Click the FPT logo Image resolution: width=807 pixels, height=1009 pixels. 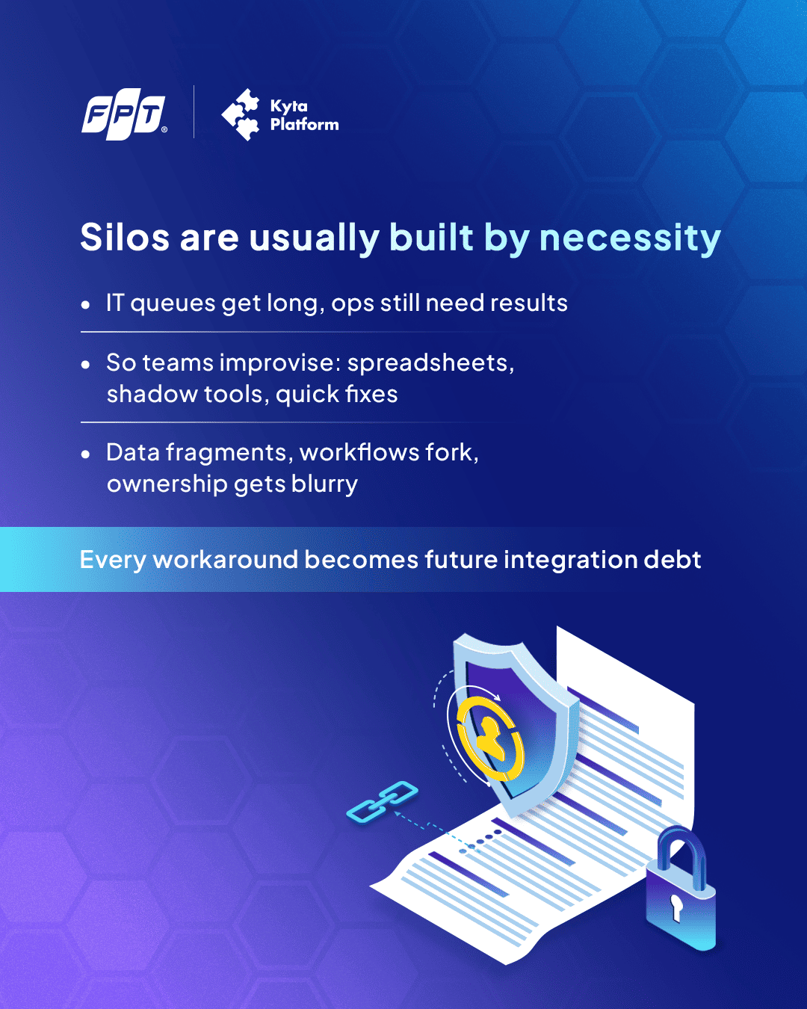[x=124, y=114]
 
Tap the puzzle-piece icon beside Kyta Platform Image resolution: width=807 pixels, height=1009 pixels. [x=241, y=114]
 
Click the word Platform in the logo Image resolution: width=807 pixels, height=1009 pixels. [x=304, y=125]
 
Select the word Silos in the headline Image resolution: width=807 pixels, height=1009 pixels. [x=125, y=237]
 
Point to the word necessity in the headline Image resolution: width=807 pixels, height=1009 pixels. [x=630, y=238]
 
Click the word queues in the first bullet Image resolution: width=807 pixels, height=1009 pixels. [x=172, y=304]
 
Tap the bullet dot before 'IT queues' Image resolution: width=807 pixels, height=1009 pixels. [x=85, y=305]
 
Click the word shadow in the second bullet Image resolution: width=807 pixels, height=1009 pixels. [x=152, y=394]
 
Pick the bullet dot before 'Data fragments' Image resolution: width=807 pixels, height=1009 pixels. [x=85, y=454]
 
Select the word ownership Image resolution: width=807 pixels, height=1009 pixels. [x=167, y=484]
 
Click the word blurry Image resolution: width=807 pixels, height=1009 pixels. [x=324, y=484]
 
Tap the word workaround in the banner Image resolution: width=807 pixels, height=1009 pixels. [x=226, y=560]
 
